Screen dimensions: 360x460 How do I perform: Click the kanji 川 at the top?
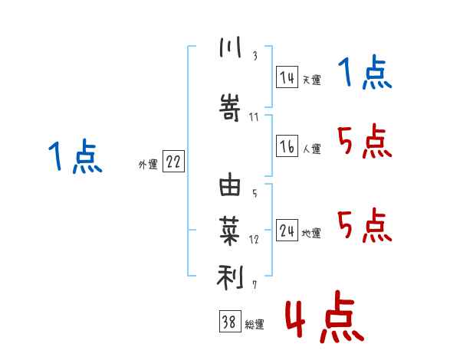(x=230, y=48)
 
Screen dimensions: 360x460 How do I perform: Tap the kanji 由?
(x=230, y=185)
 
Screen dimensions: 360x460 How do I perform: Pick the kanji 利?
(x=230, y=277)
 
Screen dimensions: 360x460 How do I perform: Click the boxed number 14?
(x=287, y=77)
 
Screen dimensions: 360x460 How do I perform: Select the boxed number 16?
(x=287, y=147)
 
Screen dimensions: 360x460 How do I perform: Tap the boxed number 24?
(x=287, y=231)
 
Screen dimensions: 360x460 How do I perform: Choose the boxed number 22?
(x=173, y=162)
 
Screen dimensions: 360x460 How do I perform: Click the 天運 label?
(x=311, y=80)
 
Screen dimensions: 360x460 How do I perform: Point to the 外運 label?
(x=148, y=164)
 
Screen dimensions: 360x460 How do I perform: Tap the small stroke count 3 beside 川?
(x=255, y=55)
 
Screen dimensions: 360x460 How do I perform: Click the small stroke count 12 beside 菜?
(x=254, y=240)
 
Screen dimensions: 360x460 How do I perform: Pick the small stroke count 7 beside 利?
(x=255, y=286)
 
